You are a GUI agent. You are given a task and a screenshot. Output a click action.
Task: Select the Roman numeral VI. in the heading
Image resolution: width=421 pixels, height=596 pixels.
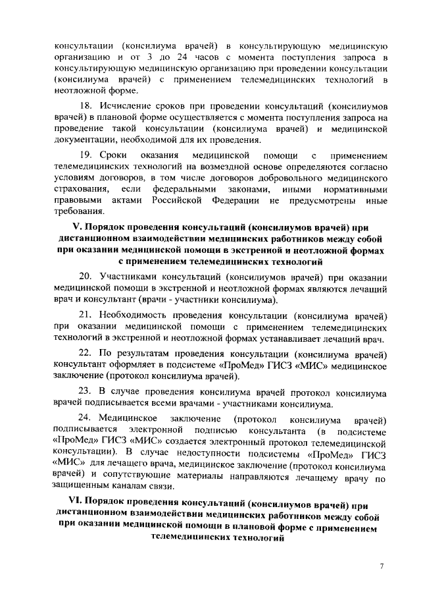64,505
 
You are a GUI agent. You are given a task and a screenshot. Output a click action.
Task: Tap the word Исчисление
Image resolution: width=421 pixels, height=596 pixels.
126,105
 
